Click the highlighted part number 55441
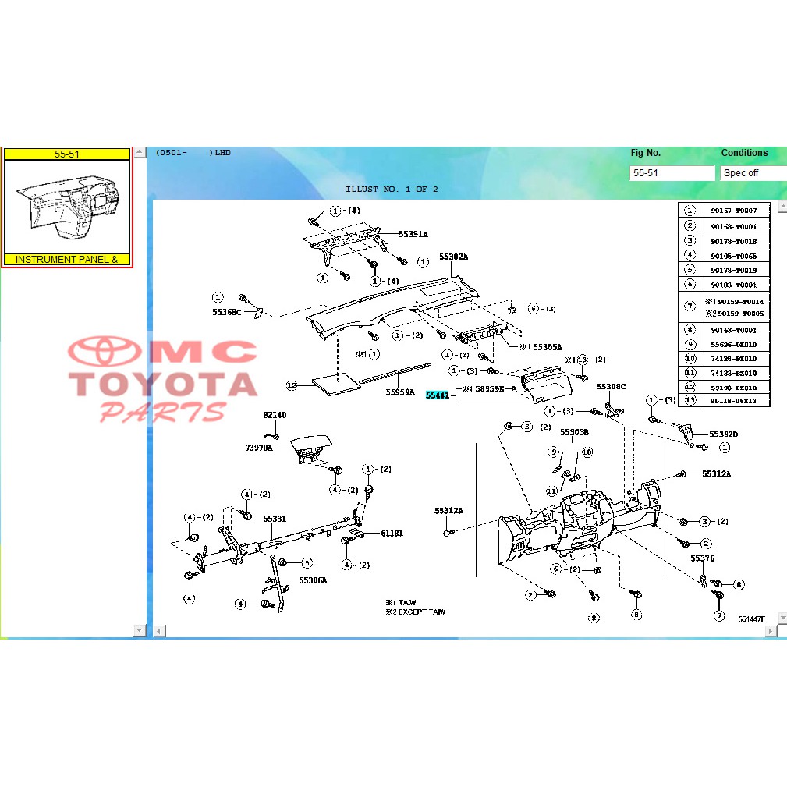tap(437, 395)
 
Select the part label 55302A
tap(452, 257)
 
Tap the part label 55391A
tap(413, 234)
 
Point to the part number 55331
tap(275, 519)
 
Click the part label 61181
tap(392, 534)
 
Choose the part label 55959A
tap(400, 392)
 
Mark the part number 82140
tap(275, 417)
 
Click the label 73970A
tap(260, 448)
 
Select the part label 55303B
tap(574, 431)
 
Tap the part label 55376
tap(702, 558)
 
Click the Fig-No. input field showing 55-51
tap(672, 173)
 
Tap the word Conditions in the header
tap(744, 153)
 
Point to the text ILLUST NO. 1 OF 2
tap(392, 190)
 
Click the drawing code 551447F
tap(752, 619)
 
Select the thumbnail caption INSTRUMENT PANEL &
tap(67, 260)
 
